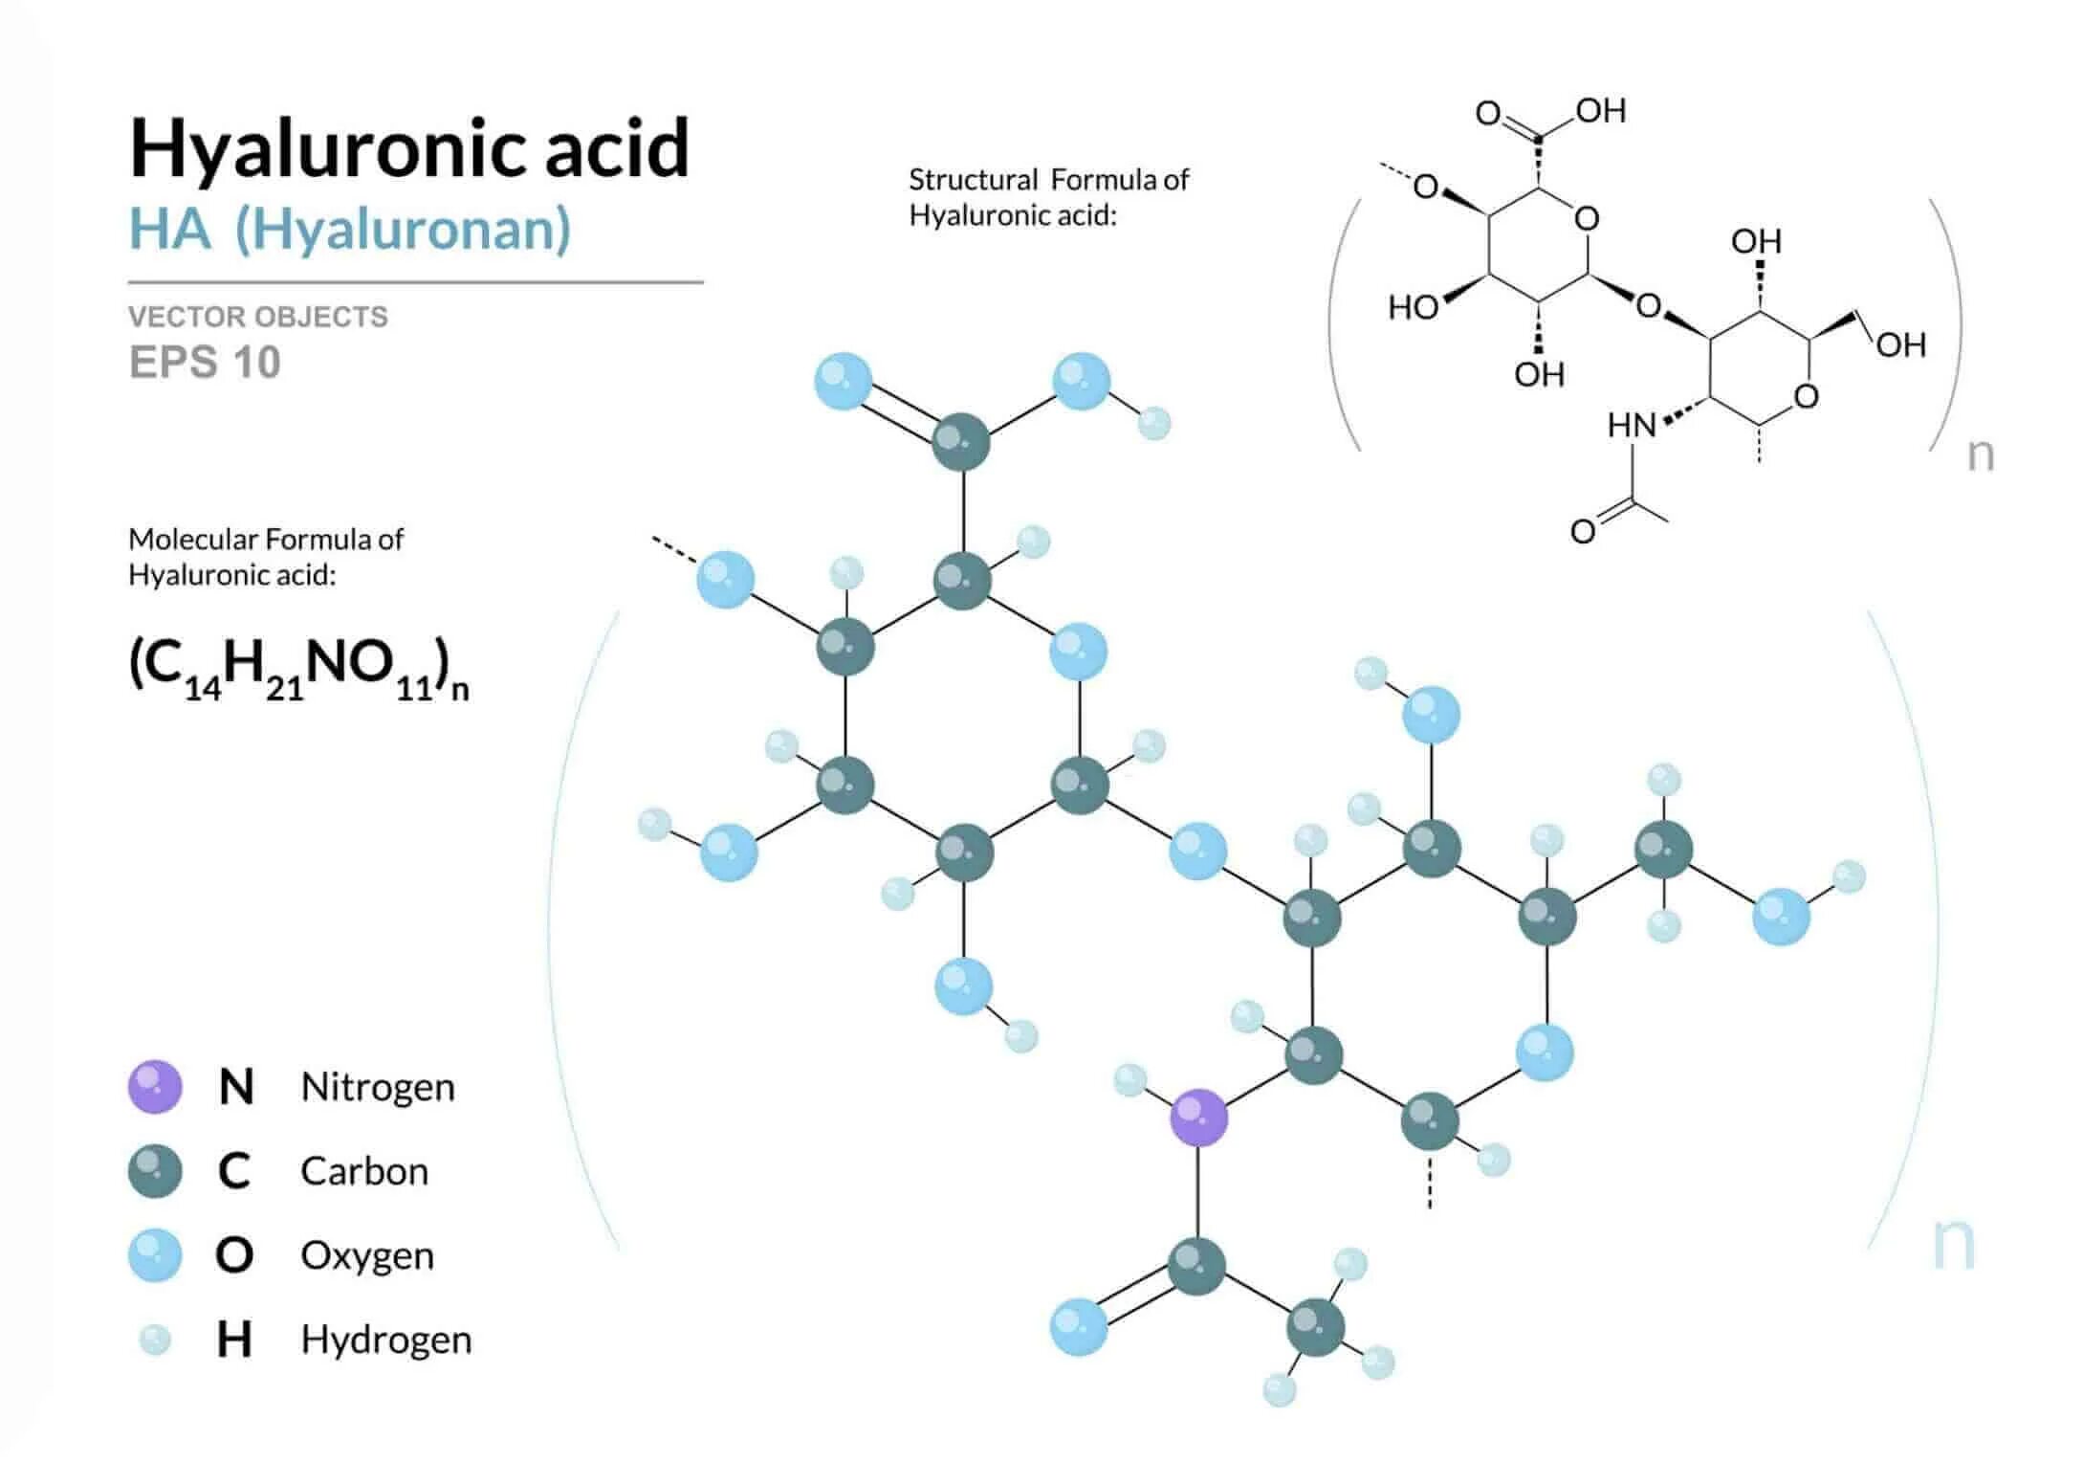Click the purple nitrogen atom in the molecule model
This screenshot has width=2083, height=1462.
point(1198,1117)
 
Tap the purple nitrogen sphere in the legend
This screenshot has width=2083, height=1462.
point(155,1087)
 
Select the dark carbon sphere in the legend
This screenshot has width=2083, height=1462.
point(155,1171)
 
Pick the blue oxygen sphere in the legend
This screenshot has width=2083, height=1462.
point(155,1255)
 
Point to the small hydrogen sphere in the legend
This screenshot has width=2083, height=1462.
point(155,1340)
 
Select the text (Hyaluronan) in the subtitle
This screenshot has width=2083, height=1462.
point(403,230)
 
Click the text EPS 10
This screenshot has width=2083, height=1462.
point(205,363)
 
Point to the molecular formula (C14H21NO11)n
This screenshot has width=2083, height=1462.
point(298,667)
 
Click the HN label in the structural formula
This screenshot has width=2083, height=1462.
point(1632,425)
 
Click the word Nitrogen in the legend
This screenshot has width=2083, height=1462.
point(378,1087)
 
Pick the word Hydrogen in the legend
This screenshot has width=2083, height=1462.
point(385,1340)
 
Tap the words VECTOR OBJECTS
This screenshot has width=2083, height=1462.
point(258,317)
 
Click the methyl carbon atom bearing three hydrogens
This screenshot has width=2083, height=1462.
point(1315,1327)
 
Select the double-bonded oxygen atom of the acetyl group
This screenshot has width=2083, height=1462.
point(1079,1327)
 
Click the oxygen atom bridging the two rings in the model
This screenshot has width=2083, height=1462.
point(1197,851)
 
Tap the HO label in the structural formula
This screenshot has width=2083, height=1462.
point(1414,308)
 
